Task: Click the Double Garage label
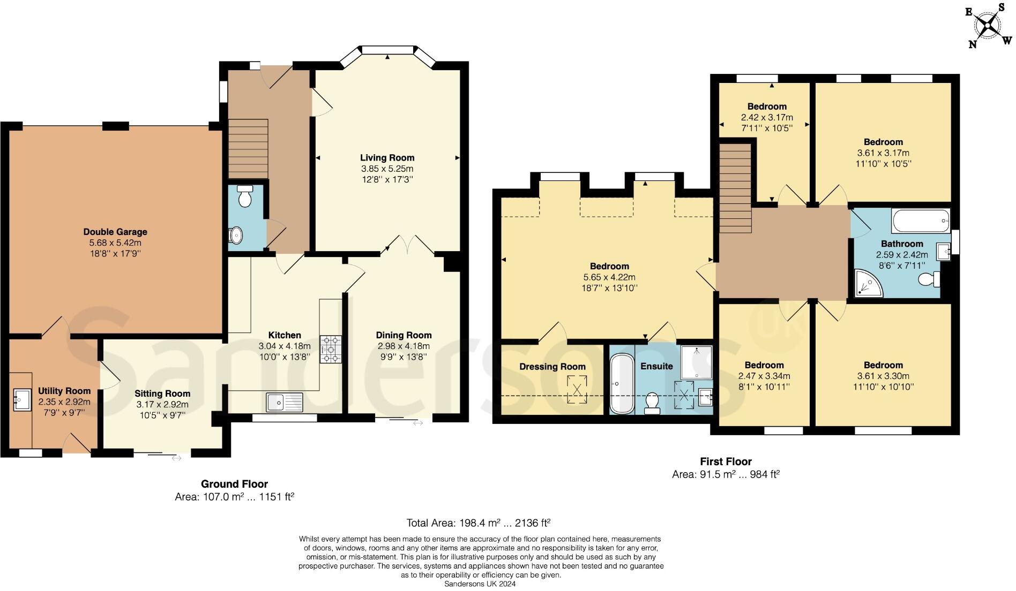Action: pos(115,232)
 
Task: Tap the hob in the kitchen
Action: pos(331,349)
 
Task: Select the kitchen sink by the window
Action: pos(285,401)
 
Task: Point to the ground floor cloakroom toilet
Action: pos(245,197)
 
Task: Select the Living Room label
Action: pos(387,158)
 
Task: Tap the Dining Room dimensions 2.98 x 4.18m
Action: pos(404,346)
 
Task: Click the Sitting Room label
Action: pos(162,393)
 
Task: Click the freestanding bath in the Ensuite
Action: pos(622,384)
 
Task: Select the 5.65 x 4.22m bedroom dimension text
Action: pos(609,277)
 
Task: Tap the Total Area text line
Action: pos(479,523)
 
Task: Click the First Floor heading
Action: pos(726,461)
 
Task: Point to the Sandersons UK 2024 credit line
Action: pos(480,584)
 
